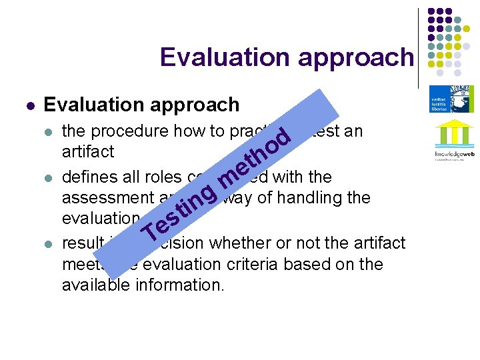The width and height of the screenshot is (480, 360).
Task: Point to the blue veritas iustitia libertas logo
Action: (452, 98)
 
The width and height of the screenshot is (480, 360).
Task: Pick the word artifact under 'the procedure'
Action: (88, 151)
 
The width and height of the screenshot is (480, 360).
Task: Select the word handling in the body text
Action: (304, 197)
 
